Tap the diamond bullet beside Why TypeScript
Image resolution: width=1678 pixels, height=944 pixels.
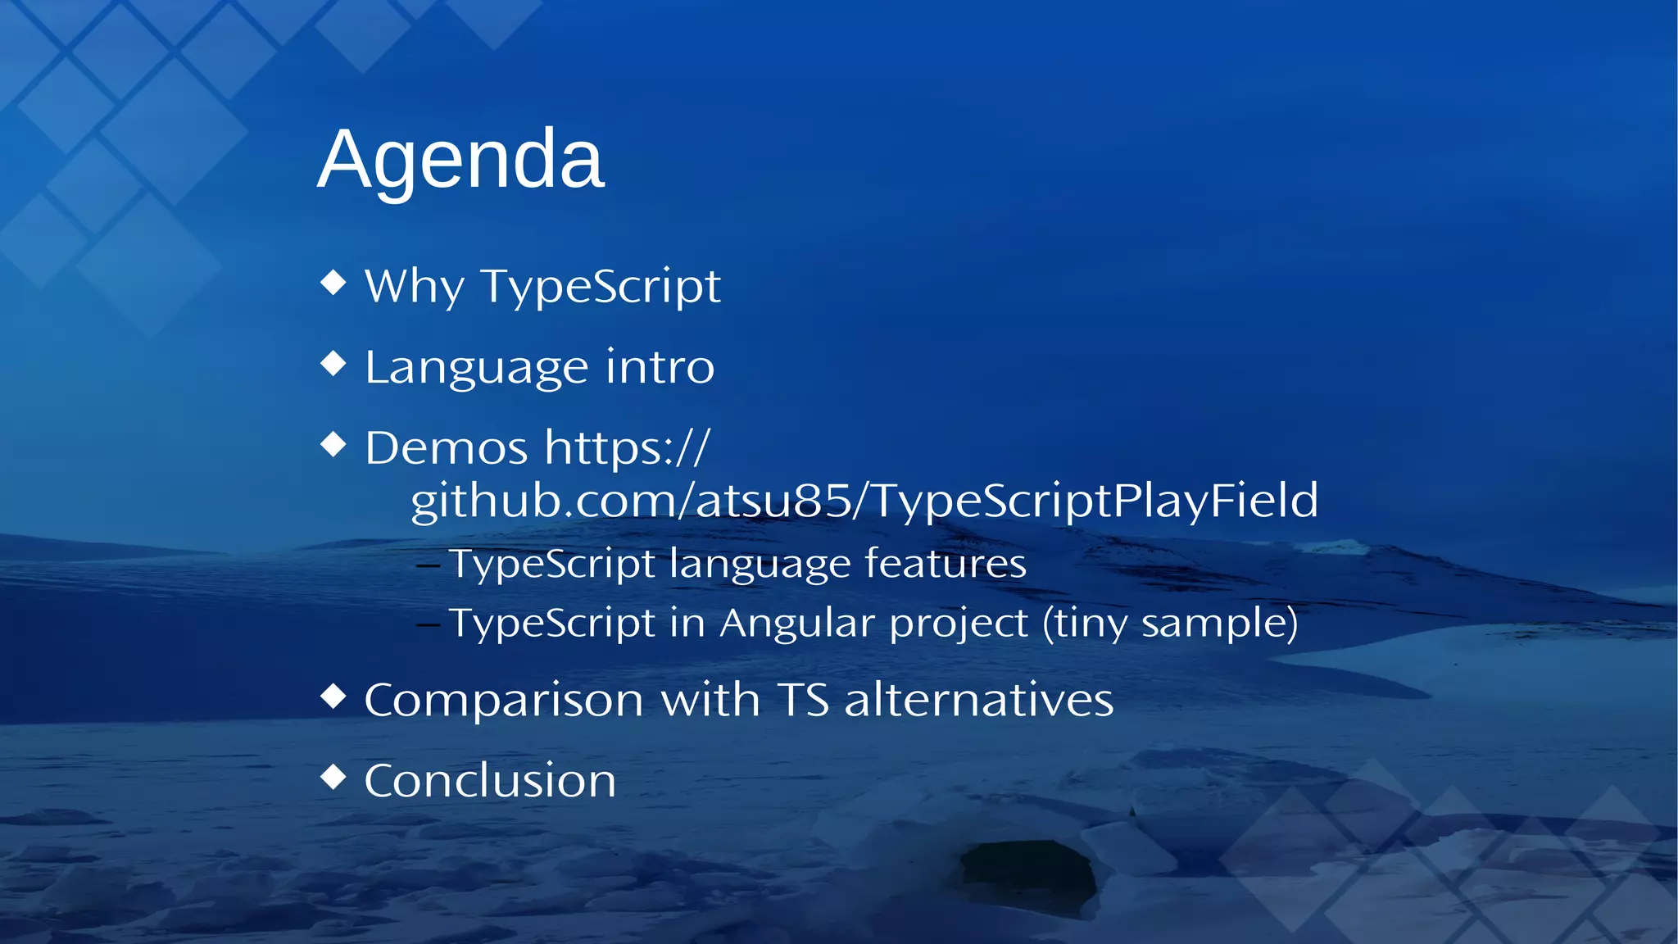coord(333,283)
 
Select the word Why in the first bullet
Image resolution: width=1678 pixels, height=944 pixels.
coord(415,287)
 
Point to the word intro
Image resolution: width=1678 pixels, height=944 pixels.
coord(660,366)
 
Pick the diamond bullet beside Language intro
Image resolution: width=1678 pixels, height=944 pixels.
coord(333,363)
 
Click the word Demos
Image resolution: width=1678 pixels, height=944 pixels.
coord(447,448)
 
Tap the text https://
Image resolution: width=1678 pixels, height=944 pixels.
coord(628,448)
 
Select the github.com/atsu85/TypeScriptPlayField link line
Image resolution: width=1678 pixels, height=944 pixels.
coord(864,501)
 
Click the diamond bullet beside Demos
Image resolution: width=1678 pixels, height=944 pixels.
coord(333,444)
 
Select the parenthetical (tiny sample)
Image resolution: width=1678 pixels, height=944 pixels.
coord(1170,623)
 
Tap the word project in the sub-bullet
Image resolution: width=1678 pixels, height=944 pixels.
coord(959,624)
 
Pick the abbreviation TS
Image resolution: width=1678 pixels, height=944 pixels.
coord(803,701)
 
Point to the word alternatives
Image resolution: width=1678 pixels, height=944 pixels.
coord(978,701)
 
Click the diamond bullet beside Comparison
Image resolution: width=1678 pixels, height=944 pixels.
coord(333,697)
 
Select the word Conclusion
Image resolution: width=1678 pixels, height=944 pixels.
coord(490,780)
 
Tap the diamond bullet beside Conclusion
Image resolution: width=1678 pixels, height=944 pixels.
coord(333,776)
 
